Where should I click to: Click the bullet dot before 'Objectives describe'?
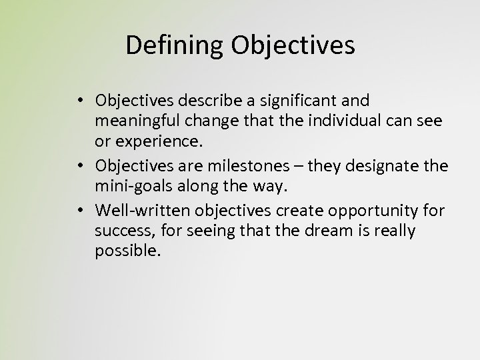pyautogui.click(x=79, y=101)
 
